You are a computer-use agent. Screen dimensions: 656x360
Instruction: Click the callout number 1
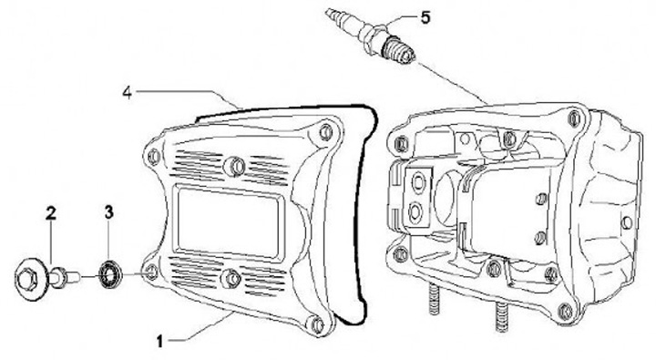(159, 341)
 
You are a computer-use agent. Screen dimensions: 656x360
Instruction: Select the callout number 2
(51, 213)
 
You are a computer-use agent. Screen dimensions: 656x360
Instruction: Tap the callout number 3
(108, 212)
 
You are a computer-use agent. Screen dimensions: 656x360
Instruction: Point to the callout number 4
(128, 93)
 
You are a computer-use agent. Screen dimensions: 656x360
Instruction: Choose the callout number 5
(425, 18)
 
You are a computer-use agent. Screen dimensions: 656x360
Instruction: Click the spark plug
(371, 36)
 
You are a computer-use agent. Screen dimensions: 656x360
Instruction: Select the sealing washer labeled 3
(110, 274)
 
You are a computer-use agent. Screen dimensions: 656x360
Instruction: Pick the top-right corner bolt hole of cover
(325, 131)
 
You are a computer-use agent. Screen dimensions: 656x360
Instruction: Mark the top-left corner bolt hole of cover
(154, 156)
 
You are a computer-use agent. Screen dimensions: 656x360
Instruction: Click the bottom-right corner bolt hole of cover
(317, 324)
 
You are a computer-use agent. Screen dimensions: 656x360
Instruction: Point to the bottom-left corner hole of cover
(151, 272)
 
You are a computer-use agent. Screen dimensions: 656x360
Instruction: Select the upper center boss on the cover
(235, 166)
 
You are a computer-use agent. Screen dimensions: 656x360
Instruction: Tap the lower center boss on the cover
(231, 278)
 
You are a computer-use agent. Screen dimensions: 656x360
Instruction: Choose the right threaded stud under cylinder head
(502, 316)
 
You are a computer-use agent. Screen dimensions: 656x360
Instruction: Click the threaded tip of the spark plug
(403, 53)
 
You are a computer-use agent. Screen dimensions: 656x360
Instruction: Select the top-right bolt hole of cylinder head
(574, 118)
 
